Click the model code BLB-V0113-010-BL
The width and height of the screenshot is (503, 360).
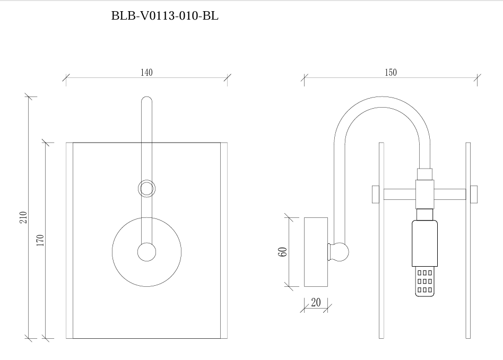click(x=164, y=16)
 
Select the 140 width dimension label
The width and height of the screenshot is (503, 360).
click(x=146, y=73)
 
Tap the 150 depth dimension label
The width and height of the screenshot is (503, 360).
click(x=391, y=73)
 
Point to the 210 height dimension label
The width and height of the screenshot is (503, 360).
click(x=23, y=217)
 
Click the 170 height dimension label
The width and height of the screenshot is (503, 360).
click(x=40, y=240)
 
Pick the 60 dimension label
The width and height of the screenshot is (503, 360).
click(x=283, y=252)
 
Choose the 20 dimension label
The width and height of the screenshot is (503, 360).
click(x=316, y=303)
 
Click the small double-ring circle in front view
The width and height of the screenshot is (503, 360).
click(x=147, y=188)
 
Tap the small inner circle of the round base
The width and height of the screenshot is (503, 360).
click(x=146, y=252)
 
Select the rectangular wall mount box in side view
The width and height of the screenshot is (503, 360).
click(x=316, y=252)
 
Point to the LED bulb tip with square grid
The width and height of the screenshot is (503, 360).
click(x=424, y=282)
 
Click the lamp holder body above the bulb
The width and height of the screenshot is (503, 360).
click(x=424, y=243)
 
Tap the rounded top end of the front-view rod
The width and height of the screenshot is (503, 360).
click(x=147, y=100)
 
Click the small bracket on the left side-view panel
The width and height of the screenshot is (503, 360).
click(x=375, y=194)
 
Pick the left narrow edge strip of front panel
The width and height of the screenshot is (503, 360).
click(x=70, y=240)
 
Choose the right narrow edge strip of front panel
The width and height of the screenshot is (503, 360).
click(x=223, y=240)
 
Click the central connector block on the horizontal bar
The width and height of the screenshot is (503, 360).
click(x=424, y=194)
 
